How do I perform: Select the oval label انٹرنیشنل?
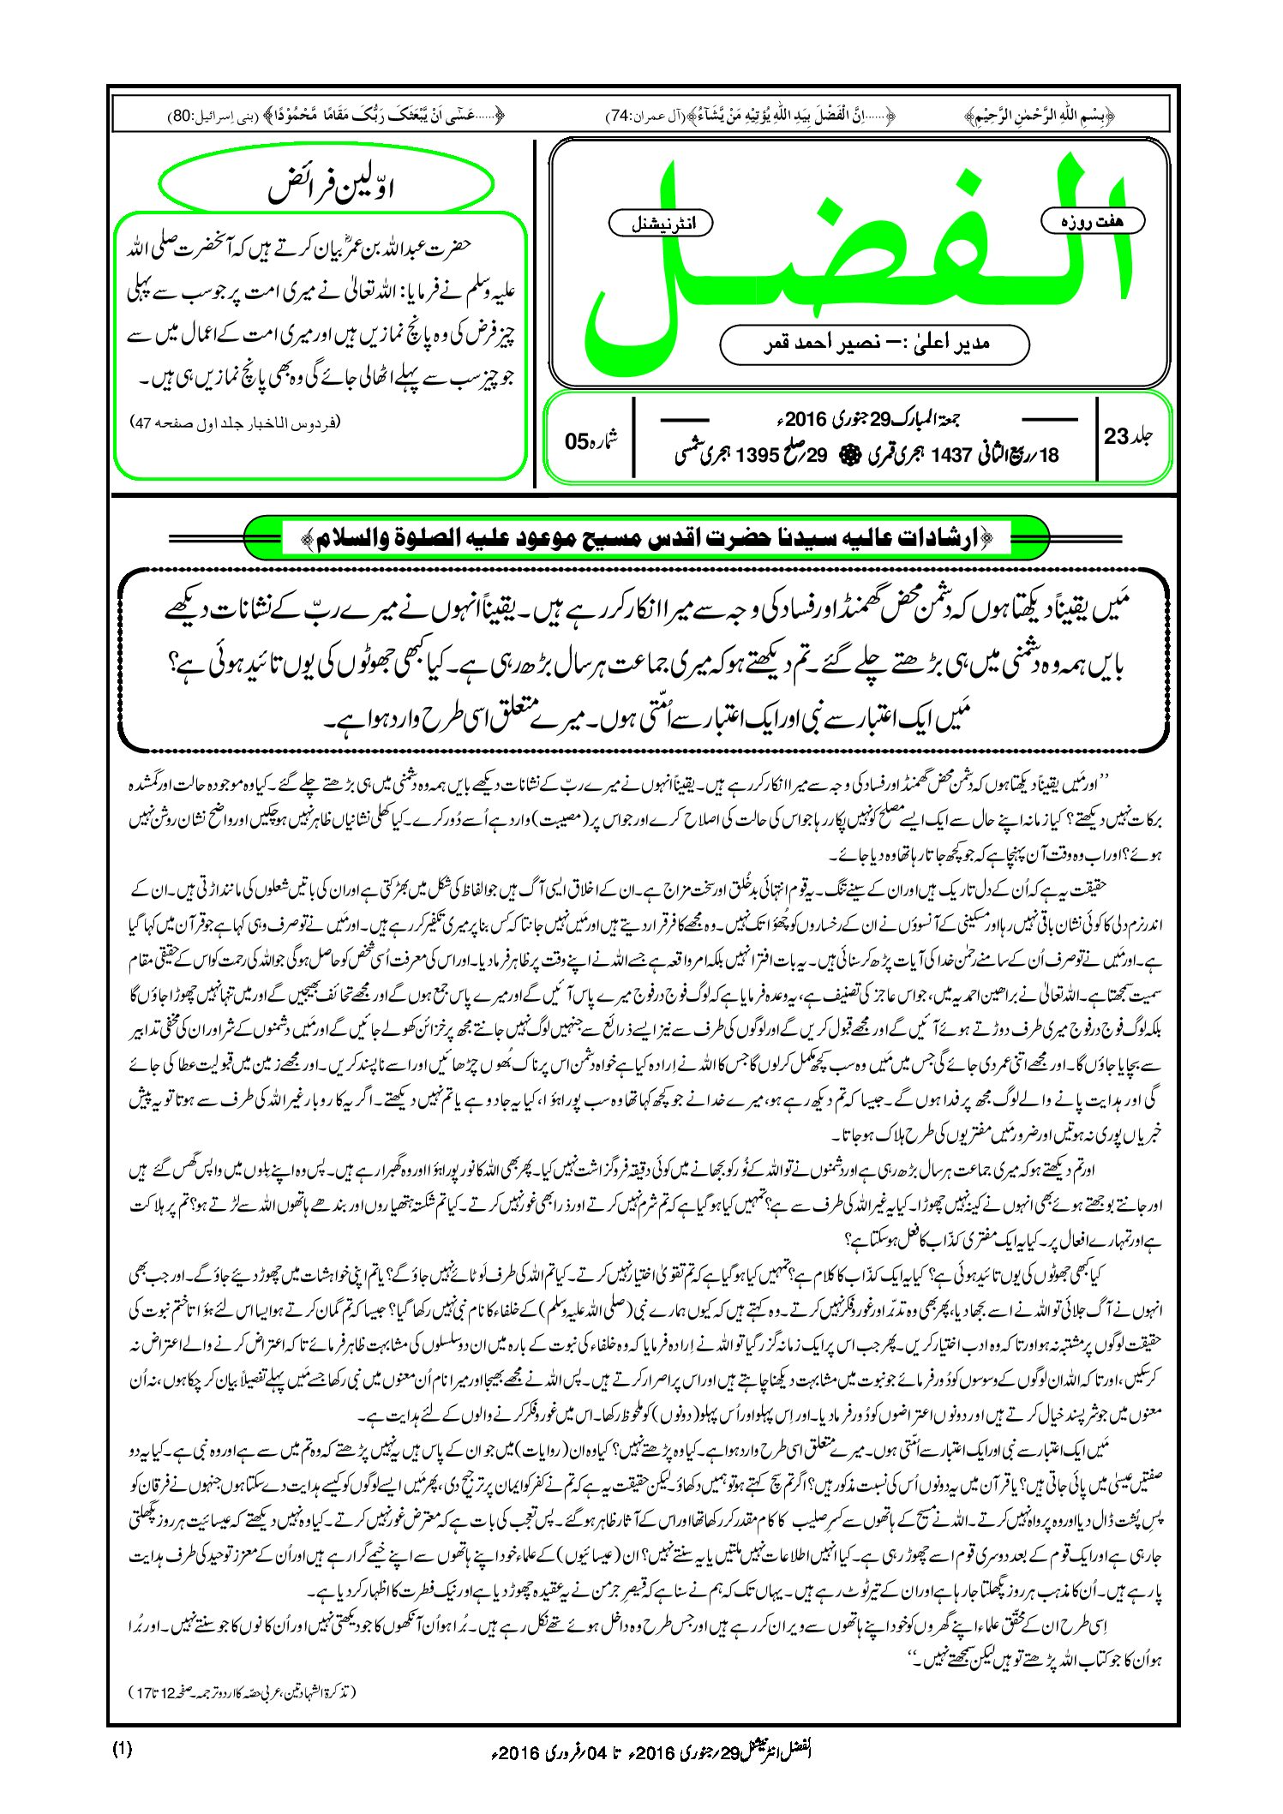point(659,224)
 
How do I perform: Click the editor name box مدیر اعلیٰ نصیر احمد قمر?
point(874,344)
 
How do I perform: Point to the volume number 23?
point(1118,436)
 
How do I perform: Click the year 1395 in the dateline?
point(757,455)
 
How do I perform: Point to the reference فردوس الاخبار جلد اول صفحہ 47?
point(235,422)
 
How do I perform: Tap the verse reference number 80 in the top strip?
point(183,115)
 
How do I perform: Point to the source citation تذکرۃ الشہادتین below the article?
point(241,1692)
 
